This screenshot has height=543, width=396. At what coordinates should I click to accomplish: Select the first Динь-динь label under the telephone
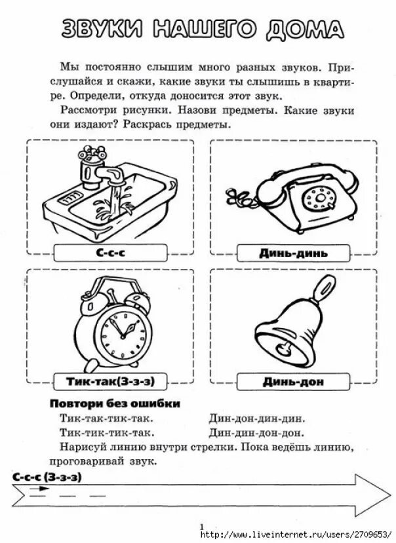point(293,253)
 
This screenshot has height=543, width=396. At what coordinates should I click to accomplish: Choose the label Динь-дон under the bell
point(293,380)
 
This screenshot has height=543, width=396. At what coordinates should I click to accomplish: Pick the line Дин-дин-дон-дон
point(256,432)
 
